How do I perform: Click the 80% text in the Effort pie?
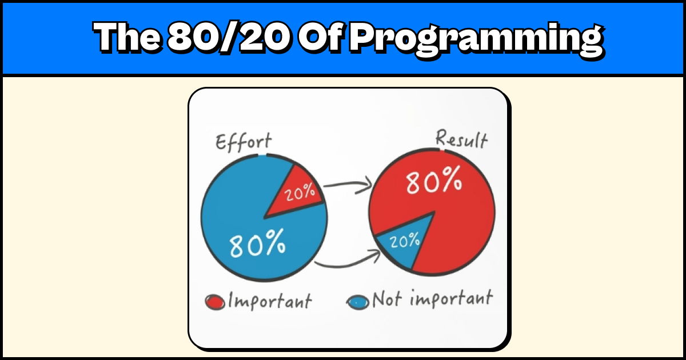tap(257, 244)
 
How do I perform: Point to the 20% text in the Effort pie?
tap(301, 193)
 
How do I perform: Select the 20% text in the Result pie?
tap(405, 241)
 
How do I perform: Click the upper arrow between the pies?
tap(348, 184)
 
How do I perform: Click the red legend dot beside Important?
tap(214, 301)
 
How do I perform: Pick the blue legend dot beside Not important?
tap(358, 301)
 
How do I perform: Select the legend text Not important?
tap(432, 298)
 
